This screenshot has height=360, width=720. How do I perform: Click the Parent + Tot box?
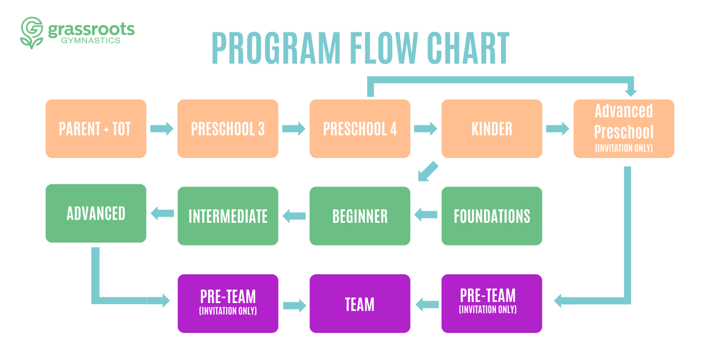(x=96, y=129)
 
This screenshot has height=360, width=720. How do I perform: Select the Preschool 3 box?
(x=228, y=129)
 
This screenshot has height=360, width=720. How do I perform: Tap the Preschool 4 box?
(x=360, y=129)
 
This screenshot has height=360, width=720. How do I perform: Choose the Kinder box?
(x=492, y=129)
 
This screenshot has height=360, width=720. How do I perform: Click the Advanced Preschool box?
(x=624, y=129)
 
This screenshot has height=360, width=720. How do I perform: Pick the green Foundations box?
(x=492, y=216)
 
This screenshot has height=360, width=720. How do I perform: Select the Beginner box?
(x=360, y=216)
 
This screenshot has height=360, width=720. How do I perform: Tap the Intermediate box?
(x=228, y=216)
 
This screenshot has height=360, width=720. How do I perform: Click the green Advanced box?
(x=96, y=213)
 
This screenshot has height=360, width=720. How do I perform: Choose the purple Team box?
(x=360, y=304)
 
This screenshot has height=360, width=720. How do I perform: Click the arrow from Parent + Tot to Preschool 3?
(x=161, y=128)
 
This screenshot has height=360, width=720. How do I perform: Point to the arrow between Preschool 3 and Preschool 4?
(x=293, y=128)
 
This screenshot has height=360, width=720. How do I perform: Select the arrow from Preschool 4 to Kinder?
(x=425, y=128)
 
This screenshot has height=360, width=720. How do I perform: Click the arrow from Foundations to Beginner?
(x=426, y=214)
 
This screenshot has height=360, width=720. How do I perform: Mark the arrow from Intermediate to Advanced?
(x=161, y=212)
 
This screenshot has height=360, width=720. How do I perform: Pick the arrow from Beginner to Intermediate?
(x=294, y=215)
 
